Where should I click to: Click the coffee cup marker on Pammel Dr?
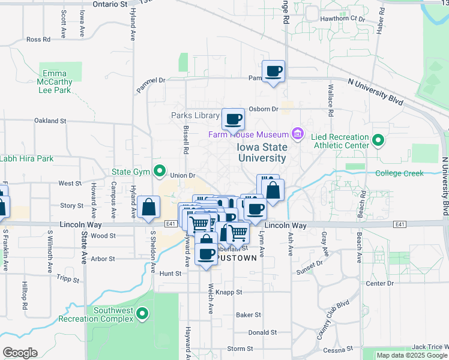coord(274,71)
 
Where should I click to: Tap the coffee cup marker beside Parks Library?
coord(233,119)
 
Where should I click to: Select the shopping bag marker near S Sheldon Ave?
coord(148,208)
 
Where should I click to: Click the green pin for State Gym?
coord(159,172)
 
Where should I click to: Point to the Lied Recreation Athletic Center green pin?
coord(378,141)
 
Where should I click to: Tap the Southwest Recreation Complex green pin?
coord(142,313)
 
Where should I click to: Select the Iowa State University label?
coord(261,152)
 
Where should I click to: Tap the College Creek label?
coord(399,173)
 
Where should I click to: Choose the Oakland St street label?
coord(50,121)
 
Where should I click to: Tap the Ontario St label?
coord(110,4)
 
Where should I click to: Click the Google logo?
coord(20,353)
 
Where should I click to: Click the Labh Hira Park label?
coord(27,159)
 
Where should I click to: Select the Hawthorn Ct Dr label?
coord(343,19)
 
